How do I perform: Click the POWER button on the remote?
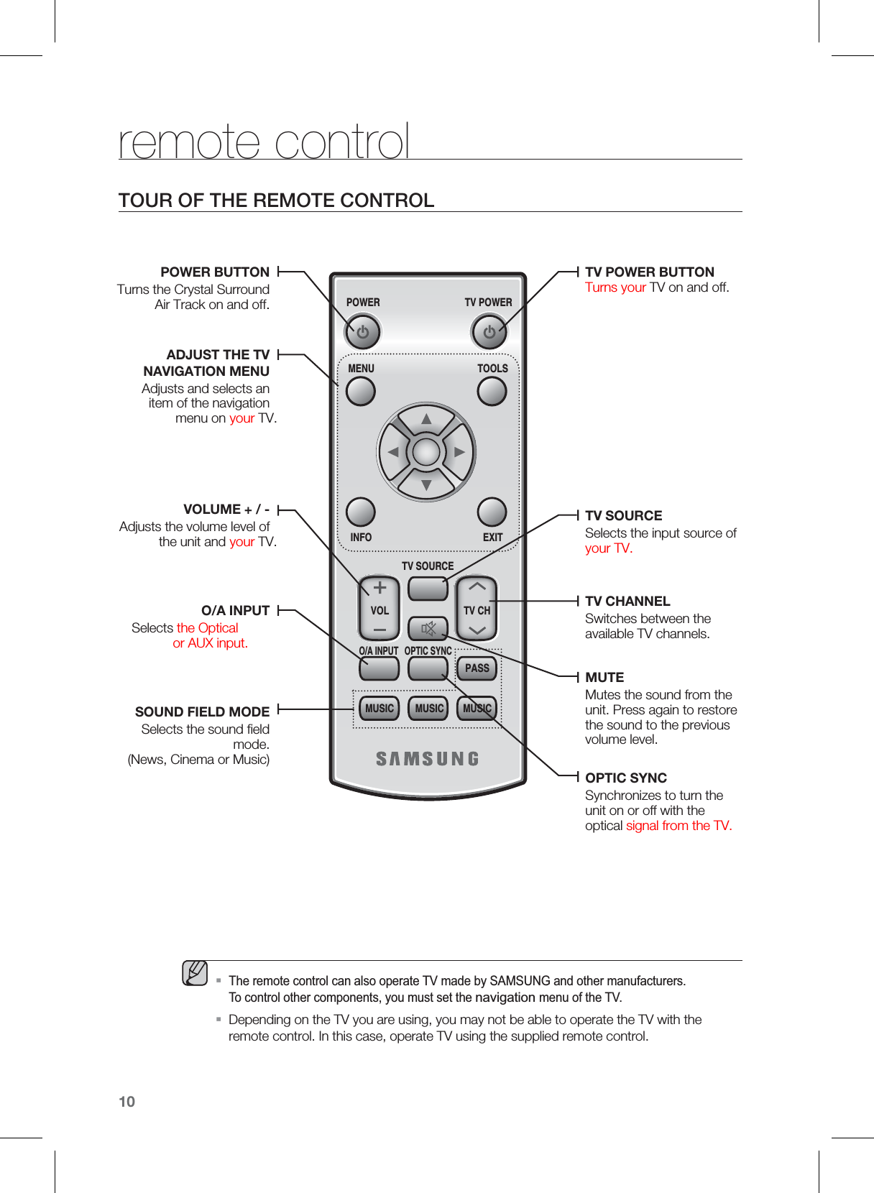(x=362, y=332)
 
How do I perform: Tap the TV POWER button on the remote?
(x=489, y=332)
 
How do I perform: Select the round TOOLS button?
(x=492, y=392)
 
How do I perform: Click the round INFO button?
(x=361, y=512)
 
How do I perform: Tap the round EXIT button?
(x=492, y=512)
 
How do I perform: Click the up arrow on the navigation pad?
(x=426, y=419)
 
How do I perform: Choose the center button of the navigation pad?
(x=426, y=452)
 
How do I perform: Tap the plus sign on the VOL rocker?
(x=379, y=588)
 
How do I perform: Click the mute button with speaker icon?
(x=428, y=630)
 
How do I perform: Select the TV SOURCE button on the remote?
(x=428, y=589)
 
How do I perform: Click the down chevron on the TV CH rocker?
(x=477, y=631)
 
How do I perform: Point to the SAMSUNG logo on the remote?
(x=427, y=759)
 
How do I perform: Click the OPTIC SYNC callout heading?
(x=626, y=778)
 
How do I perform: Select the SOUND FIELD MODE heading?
(x=202, y=711)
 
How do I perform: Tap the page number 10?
(x=126, y=1102)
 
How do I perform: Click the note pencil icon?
(x=195, y=973)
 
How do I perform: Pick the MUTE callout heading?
(x=604, y=677)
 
